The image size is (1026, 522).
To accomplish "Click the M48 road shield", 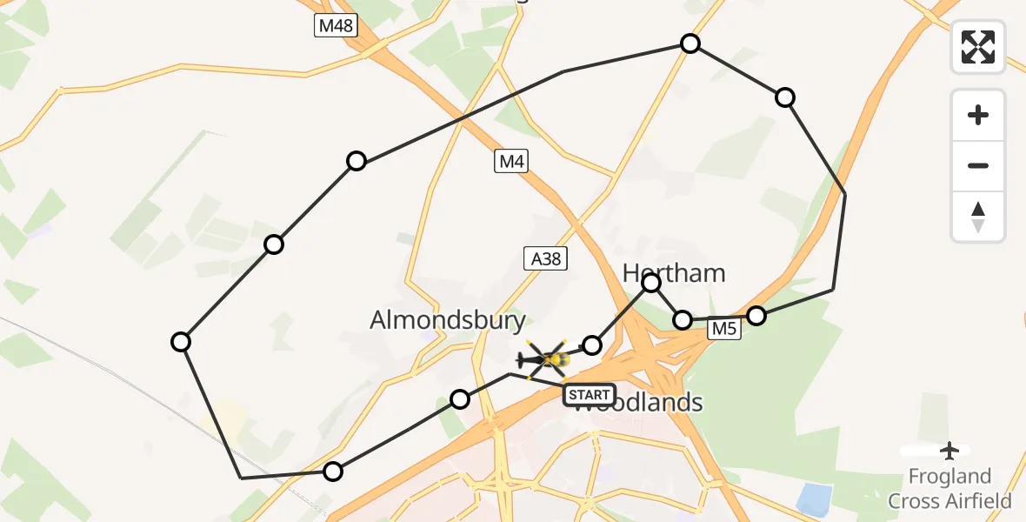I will click(x=336, y=25).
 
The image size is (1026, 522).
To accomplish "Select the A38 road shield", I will click(x=545, y=258).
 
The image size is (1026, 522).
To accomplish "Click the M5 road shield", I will click(x=723, y=329).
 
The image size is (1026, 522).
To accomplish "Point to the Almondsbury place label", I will click(x=448, y=320).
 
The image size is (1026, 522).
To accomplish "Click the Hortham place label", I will click(x=674, y=273).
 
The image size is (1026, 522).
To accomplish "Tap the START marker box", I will click(x=590, y=395).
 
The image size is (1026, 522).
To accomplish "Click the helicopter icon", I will click(x=545, y=358).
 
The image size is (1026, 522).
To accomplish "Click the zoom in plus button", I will click(x=978, y=115).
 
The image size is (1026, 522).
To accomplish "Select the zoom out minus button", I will click(x=978, y=165).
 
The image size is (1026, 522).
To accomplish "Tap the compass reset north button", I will click(x=978, y=217).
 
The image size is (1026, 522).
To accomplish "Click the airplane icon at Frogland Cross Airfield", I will click(x=949, y=451).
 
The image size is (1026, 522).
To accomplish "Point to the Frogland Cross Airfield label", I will click(x=949, y=489).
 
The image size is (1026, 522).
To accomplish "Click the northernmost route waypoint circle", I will click(x=690, y=43).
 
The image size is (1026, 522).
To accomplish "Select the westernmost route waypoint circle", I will click(x=181, y=342).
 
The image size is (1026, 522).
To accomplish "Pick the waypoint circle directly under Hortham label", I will click(x=651, y=282).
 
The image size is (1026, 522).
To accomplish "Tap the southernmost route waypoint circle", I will click(x=333, y=472).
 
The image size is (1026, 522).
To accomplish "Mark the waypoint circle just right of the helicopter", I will click(x=592, y=345).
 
